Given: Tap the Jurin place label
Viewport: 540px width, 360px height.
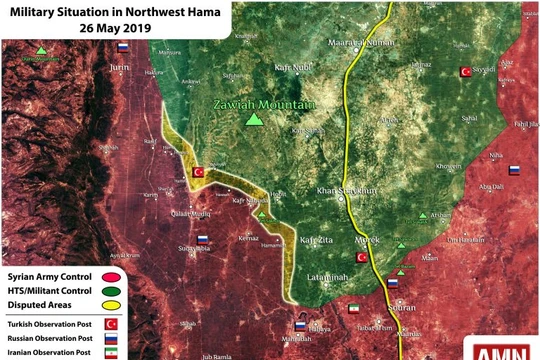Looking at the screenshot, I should (x=121, y=66).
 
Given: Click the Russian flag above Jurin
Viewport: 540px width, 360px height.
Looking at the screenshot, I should (x=123, y=47).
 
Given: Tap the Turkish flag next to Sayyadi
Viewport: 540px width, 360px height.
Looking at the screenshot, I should (x=465, y=71).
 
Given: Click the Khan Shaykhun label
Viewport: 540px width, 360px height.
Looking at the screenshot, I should (x=344, y=189).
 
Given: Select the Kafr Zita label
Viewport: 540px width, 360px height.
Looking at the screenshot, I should (x=315, y=240).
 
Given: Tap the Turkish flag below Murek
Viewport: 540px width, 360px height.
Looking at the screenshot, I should (x=362, y=257).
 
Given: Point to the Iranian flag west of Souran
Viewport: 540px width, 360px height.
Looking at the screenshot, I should (x=353, y=311).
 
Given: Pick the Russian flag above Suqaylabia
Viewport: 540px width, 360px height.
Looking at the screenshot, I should (x=203, y=240).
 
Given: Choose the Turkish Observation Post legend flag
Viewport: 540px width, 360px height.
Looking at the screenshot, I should (x=111, y=324).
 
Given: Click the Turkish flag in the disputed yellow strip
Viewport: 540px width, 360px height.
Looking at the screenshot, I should (x=198, y=172).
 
